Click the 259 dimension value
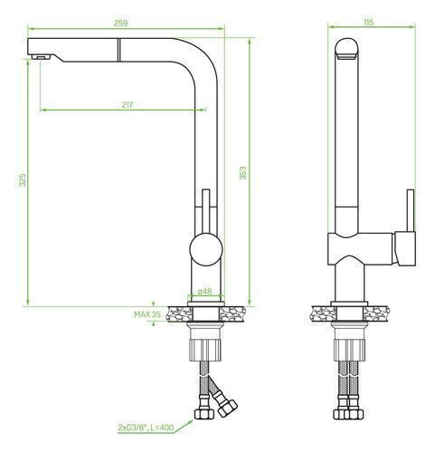pos(120,23)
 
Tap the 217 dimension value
pos(128,105)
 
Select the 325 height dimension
pos(23,179)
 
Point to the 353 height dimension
pos(242,173)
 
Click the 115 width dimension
pos(369,23)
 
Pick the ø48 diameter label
pos(205,292)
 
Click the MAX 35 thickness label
pos(147,314)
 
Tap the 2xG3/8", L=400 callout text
pos(147,428)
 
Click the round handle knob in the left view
pos(206,249)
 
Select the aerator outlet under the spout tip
pos(41,57)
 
